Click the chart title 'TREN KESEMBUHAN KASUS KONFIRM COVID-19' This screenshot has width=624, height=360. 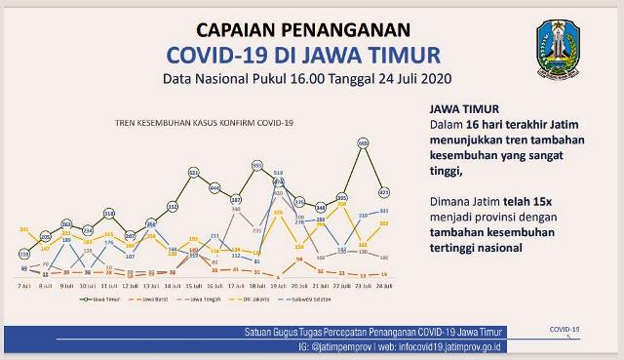coord(204,123)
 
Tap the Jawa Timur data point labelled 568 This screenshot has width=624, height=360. coord(363,142)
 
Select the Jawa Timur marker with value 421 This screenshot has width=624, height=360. coord(384,191)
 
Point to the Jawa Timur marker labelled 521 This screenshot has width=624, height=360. coord(194,172)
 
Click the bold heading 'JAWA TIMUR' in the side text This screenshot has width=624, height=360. coord(455,109)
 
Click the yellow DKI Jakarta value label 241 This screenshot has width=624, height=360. coord(24,230)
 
